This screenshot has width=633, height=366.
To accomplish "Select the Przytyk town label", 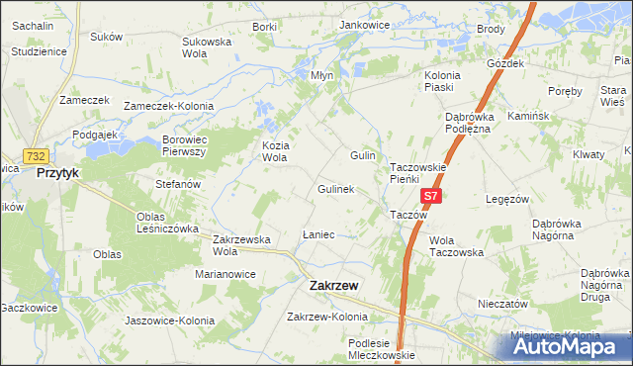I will click(x=56, y=172).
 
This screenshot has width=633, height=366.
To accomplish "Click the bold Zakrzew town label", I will click(x=334, y=285).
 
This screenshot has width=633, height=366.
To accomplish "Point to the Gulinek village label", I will click(x=335, y=189).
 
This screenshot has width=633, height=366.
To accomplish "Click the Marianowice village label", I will click(x=226, y=274).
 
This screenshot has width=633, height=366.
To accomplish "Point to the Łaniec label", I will click(x=317, y=235).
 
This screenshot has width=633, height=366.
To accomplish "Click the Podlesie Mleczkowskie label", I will click(x=382, y=348).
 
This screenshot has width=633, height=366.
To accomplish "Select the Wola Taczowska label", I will click(x=456, y=245).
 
